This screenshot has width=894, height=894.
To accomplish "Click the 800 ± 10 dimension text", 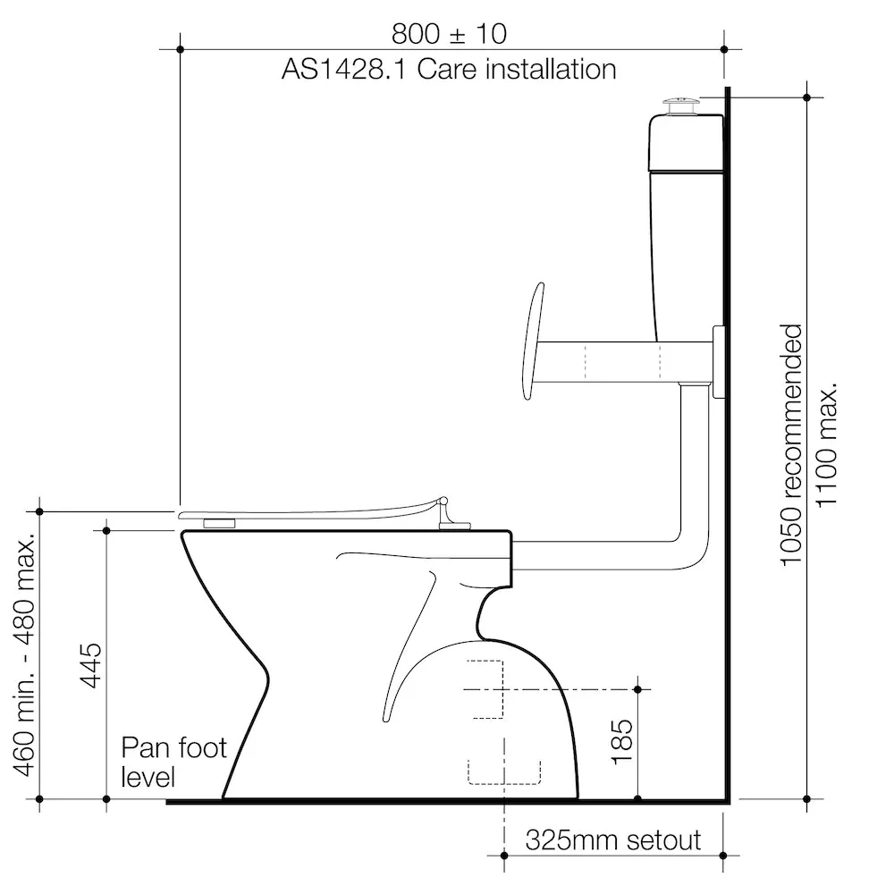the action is pyautogui.click(x=449, y=34).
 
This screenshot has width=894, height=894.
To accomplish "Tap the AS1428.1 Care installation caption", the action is pyautogui.click(x=449, y=70).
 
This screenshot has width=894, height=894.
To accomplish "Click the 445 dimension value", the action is pyautogui.click(x=91, y=665).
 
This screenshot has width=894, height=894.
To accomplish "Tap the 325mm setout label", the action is pyautogui.click(x=613, y=839).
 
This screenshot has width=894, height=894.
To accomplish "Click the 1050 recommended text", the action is pyautogui.click(x=791, y=445).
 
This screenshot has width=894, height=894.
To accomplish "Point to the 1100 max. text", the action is pyautogui.click(x=826, y=444).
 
